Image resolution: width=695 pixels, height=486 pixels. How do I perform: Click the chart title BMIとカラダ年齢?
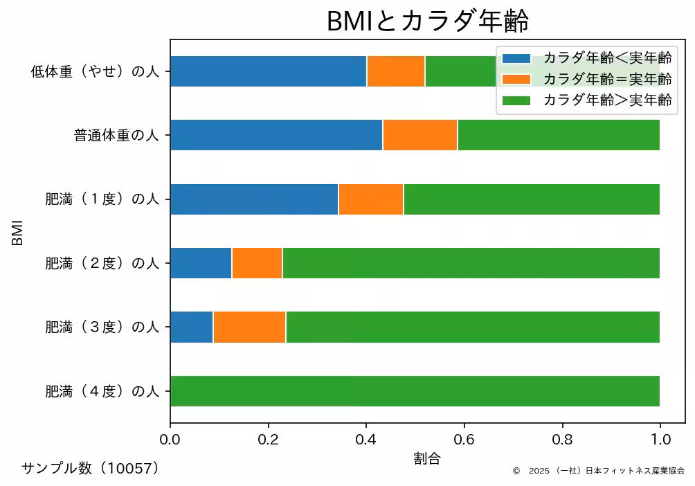427,21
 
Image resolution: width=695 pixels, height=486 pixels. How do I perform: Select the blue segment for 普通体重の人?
276,135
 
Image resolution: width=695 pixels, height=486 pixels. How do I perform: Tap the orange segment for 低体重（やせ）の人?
396,71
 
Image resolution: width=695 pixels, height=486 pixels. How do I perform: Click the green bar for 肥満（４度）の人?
415,391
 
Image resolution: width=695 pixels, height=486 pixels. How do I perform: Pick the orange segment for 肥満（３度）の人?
249,327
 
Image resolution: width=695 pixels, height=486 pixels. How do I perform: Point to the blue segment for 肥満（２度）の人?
201,263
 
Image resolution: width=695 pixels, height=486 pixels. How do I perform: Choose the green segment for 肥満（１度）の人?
531,199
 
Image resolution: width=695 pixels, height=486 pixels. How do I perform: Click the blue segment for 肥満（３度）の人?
192,327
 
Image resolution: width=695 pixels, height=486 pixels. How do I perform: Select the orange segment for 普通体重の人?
420,135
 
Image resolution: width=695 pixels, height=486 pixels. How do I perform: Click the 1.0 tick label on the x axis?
660,438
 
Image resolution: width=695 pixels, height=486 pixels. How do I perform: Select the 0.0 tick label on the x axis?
170,438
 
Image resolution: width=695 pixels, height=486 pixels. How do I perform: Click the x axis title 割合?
427,458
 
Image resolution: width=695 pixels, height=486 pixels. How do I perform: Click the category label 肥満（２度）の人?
102,264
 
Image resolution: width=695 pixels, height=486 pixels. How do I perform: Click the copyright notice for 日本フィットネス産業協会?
599,471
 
